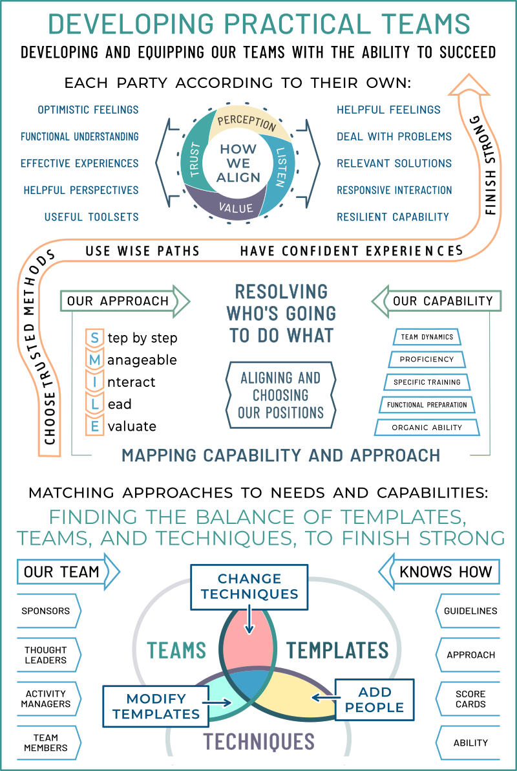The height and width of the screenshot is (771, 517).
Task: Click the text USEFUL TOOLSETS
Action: tap(91, 217)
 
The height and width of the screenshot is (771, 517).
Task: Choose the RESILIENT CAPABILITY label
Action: tap(393, 217)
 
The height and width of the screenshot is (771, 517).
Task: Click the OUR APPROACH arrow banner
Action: tap(125, 301)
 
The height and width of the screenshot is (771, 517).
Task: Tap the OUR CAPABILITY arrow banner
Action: tap(436, 301)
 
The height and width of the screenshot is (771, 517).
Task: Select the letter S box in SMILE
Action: tap(94, 338)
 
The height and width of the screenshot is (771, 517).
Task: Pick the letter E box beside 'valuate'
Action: tap(94, 426)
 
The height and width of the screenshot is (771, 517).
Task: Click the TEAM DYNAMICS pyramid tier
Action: tap(427, 337)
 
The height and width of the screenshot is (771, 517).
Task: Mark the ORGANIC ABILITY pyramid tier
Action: tap(427, 428)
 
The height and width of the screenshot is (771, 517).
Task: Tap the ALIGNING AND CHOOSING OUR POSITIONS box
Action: tap(280, 395)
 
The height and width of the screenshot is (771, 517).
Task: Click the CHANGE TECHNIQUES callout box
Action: tap(249, 587)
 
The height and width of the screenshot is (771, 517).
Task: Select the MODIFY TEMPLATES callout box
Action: tap(156, 706)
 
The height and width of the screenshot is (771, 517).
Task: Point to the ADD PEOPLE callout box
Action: tap(374, 700)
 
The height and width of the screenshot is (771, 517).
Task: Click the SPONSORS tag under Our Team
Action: tap(49, 611)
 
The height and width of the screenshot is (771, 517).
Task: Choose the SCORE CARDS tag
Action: tap(467, 699)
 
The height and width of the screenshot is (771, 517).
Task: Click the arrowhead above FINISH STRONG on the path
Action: tap(469, 85)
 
